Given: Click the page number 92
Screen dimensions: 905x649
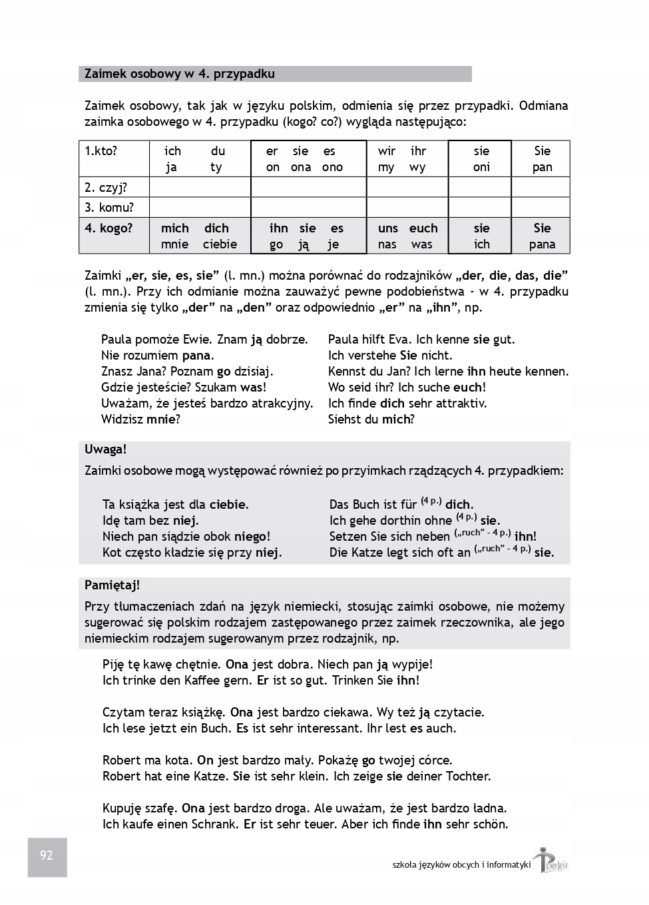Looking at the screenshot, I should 47,856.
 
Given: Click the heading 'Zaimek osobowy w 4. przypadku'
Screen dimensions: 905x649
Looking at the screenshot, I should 180,74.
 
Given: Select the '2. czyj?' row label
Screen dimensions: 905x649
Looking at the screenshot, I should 106,187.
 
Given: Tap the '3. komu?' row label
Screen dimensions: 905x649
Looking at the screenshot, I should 109,207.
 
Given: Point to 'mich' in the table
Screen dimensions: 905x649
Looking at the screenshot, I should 174,228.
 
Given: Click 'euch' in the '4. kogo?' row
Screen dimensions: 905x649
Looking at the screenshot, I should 423,228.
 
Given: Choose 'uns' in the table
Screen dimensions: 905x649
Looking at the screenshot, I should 388,228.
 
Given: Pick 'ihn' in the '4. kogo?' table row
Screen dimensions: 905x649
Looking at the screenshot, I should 278,228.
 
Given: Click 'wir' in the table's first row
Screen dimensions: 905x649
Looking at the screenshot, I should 387,151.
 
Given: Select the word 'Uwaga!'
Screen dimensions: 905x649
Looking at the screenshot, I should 105,450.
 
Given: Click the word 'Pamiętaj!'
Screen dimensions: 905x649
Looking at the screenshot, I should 112,585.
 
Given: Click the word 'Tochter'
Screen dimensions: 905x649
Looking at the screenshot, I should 466,776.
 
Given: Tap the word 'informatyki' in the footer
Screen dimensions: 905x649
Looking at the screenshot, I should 509,865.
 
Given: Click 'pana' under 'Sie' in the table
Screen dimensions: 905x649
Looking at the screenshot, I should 542,244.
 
